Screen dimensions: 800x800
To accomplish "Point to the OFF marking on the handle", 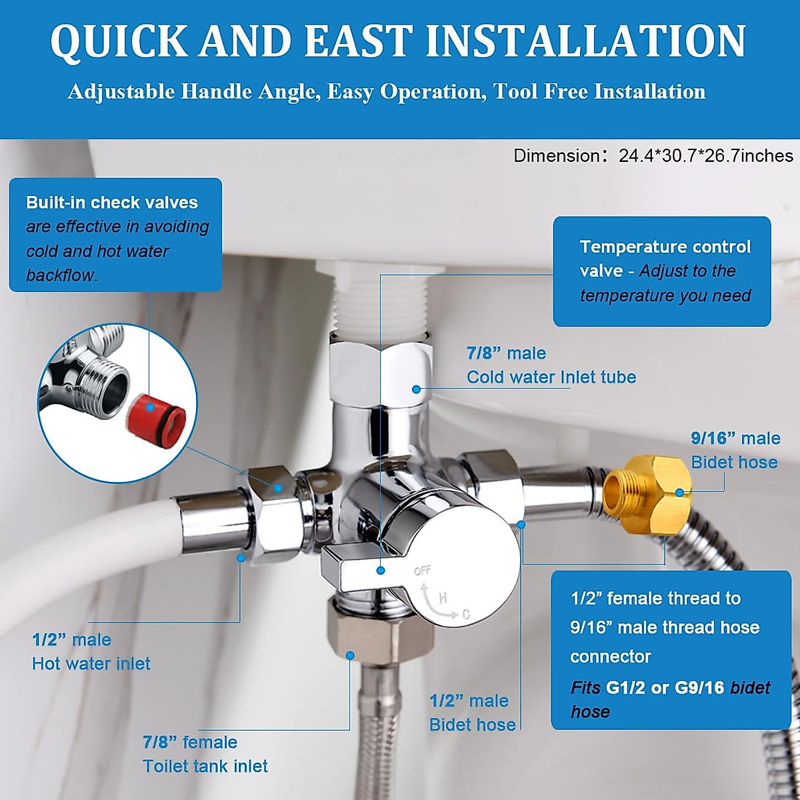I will click(x=423, y=571).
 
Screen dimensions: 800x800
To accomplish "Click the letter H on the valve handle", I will click(x=443, y=598).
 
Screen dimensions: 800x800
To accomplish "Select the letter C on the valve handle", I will click(x=465, y=615).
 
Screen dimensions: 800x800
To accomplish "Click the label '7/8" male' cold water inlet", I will click(x=506, y=353).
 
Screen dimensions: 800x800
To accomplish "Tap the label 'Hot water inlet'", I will click(x=91, y=664).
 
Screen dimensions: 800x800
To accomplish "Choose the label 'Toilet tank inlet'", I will click(x=205, y=767).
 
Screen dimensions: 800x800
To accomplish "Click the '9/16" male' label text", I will click(x=735, y=439).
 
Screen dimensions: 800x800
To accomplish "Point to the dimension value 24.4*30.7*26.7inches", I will click(x=706, y=156).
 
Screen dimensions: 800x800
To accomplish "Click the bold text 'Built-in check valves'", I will click(x=112, y=203).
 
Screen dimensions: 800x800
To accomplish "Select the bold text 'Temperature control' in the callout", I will click(x=665, y=247).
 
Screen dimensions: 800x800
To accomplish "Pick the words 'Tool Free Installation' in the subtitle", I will click(x=599, y=92).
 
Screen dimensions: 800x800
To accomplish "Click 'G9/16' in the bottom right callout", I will click(x=699, y=688).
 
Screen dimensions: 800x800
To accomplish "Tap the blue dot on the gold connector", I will click(x=679, y=493).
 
